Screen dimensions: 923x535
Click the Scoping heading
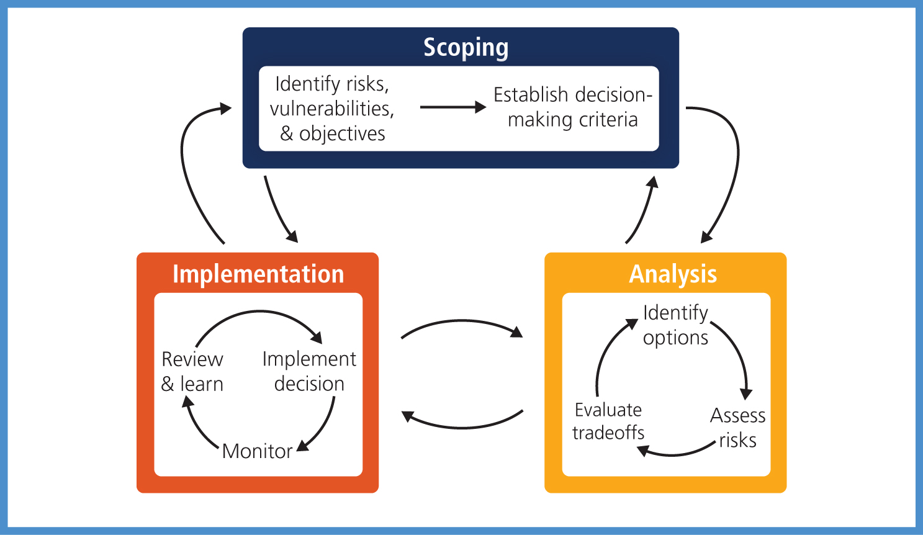pos(466,48)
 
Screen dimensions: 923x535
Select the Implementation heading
pos(258,274)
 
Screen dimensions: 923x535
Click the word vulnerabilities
pos(332,109)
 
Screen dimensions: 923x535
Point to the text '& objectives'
pos(333,133)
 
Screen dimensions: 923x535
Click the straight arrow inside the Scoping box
pos(453,107)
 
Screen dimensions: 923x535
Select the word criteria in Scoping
pos(608,120)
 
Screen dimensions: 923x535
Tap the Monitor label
pos(257,451)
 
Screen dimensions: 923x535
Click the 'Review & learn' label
pos(192,372)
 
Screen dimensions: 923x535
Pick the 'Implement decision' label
pos(309,372)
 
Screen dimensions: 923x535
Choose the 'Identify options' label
pos(675,325)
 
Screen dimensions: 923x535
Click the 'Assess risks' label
pos(737,428)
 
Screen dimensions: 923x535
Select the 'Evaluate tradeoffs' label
pos(608,421)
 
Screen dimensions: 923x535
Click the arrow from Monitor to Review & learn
pos(196,426)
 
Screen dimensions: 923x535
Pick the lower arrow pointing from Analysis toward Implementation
pos(462,428)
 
